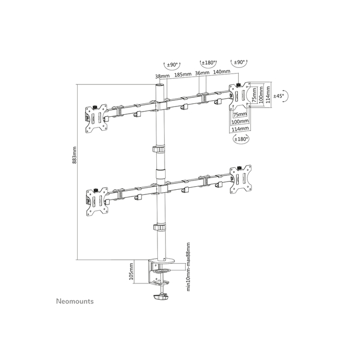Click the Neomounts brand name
coord(75,301)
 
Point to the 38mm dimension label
coord(160,75)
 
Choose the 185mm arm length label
coord(183,75)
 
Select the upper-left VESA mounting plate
coord(96,117)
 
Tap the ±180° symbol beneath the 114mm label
coord(240,139)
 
